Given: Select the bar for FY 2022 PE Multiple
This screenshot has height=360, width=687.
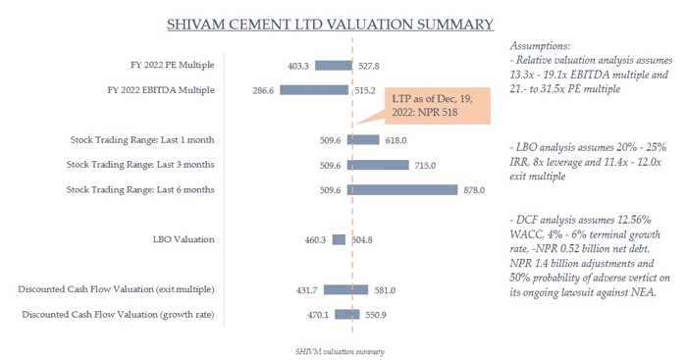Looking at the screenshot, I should pyautogui.click(x=334, y=66).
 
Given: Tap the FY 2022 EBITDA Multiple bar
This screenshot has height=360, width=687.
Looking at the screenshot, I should pyautogui.click(x=314, y=90).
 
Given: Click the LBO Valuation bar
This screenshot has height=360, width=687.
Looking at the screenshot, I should pyautogui.click(x=339, y=238).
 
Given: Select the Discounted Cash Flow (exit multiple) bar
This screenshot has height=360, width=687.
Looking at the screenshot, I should pyautogui.click(x=345, y=289).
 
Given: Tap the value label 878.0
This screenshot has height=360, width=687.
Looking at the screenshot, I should pyautogui.click(x=475, y=190).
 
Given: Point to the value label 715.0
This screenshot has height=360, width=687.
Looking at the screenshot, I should pyautogui.click(x=397, y=165).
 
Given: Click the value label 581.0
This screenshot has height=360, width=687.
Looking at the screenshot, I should pyautogui.click(x=385, y=289).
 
